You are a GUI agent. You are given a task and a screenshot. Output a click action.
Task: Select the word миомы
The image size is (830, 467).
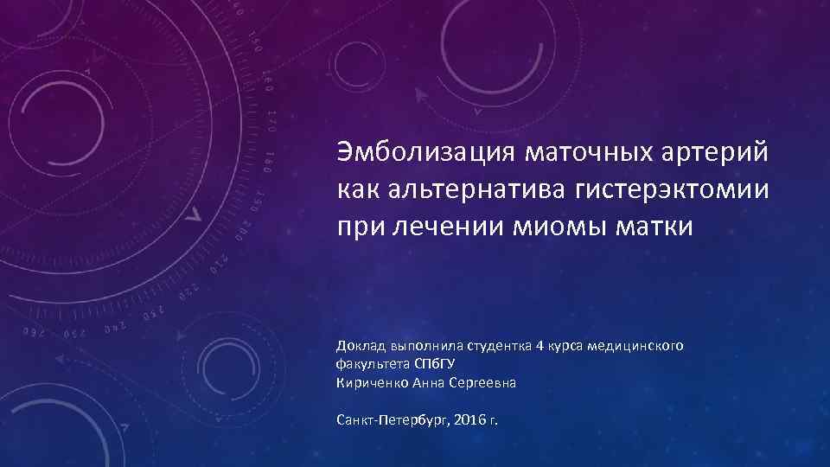pyautogui.click(x=554, y=228)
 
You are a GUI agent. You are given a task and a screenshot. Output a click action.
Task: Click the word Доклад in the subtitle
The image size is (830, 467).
pyautogui.click(x=361, y=346)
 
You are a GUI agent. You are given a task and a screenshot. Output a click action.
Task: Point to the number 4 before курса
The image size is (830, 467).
pyautogui.click(x=539, y=346)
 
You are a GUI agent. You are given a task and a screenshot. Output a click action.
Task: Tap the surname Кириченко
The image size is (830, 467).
pyautogui.click(x=371, y=383)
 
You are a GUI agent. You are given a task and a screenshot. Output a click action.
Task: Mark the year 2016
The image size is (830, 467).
pyautogui.click(x=471, y=419)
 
